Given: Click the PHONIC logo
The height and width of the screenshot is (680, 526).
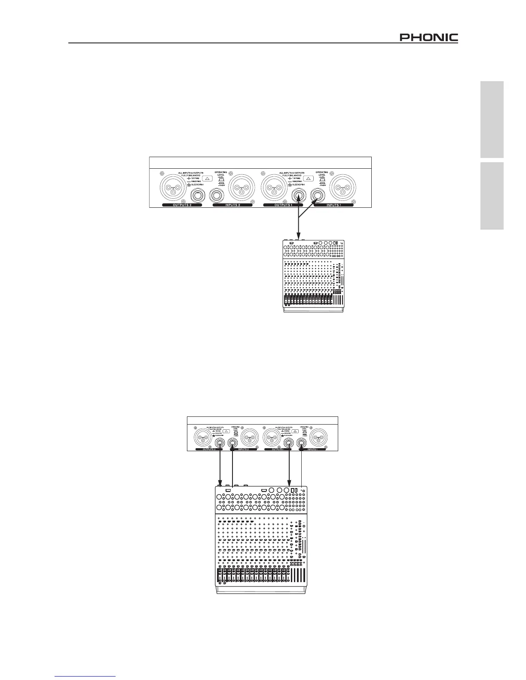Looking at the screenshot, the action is (x=429, y=38).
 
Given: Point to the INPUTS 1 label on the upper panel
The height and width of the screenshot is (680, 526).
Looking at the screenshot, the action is (x=334, y=206).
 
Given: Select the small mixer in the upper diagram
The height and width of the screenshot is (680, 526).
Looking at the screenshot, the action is (x=313, y=275).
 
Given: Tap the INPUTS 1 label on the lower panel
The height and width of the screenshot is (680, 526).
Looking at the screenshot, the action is (x=312, y=449).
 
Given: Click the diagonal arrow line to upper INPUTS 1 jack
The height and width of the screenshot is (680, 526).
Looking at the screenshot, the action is (x=308, y=210).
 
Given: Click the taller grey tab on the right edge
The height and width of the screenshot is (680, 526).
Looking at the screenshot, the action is (x=492, y=120).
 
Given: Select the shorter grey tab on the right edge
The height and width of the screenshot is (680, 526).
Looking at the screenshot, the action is (x=492, y=196).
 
